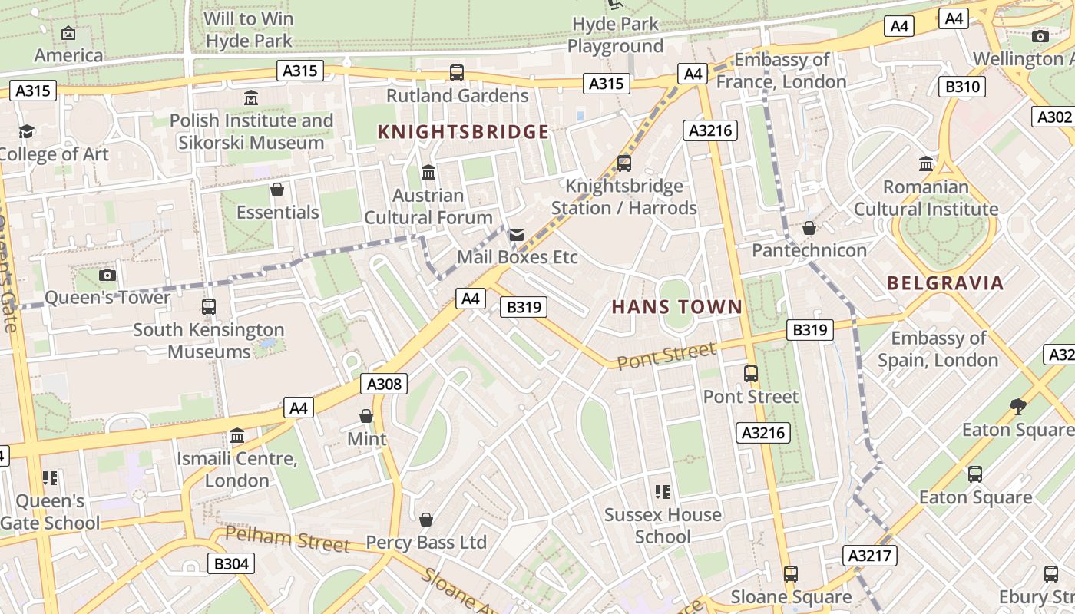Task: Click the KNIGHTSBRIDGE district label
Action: (463, 132)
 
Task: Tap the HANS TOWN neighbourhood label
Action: (676, 307)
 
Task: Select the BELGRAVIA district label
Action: (945, 282)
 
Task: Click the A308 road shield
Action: (384, 384)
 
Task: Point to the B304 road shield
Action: (231, 564)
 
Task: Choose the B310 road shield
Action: (962, 87)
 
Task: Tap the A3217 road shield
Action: (870, 556)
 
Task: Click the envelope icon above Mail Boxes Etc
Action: (517, 235)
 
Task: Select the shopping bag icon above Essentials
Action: (277, 190)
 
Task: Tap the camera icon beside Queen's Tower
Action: (107, 275)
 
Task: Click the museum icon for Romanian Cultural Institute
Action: (926, 164)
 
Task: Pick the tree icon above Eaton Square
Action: (1018, 406)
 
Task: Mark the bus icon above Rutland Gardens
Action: (457, 73)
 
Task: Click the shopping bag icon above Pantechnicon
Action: (809, 228)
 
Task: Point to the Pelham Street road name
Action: (288, 539)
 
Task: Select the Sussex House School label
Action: (663, 525)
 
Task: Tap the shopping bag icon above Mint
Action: (366, 416)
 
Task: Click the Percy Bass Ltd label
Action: (426, 542)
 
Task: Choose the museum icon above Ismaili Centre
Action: (237, 436)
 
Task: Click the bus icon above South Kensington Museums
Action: (208, 307)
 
